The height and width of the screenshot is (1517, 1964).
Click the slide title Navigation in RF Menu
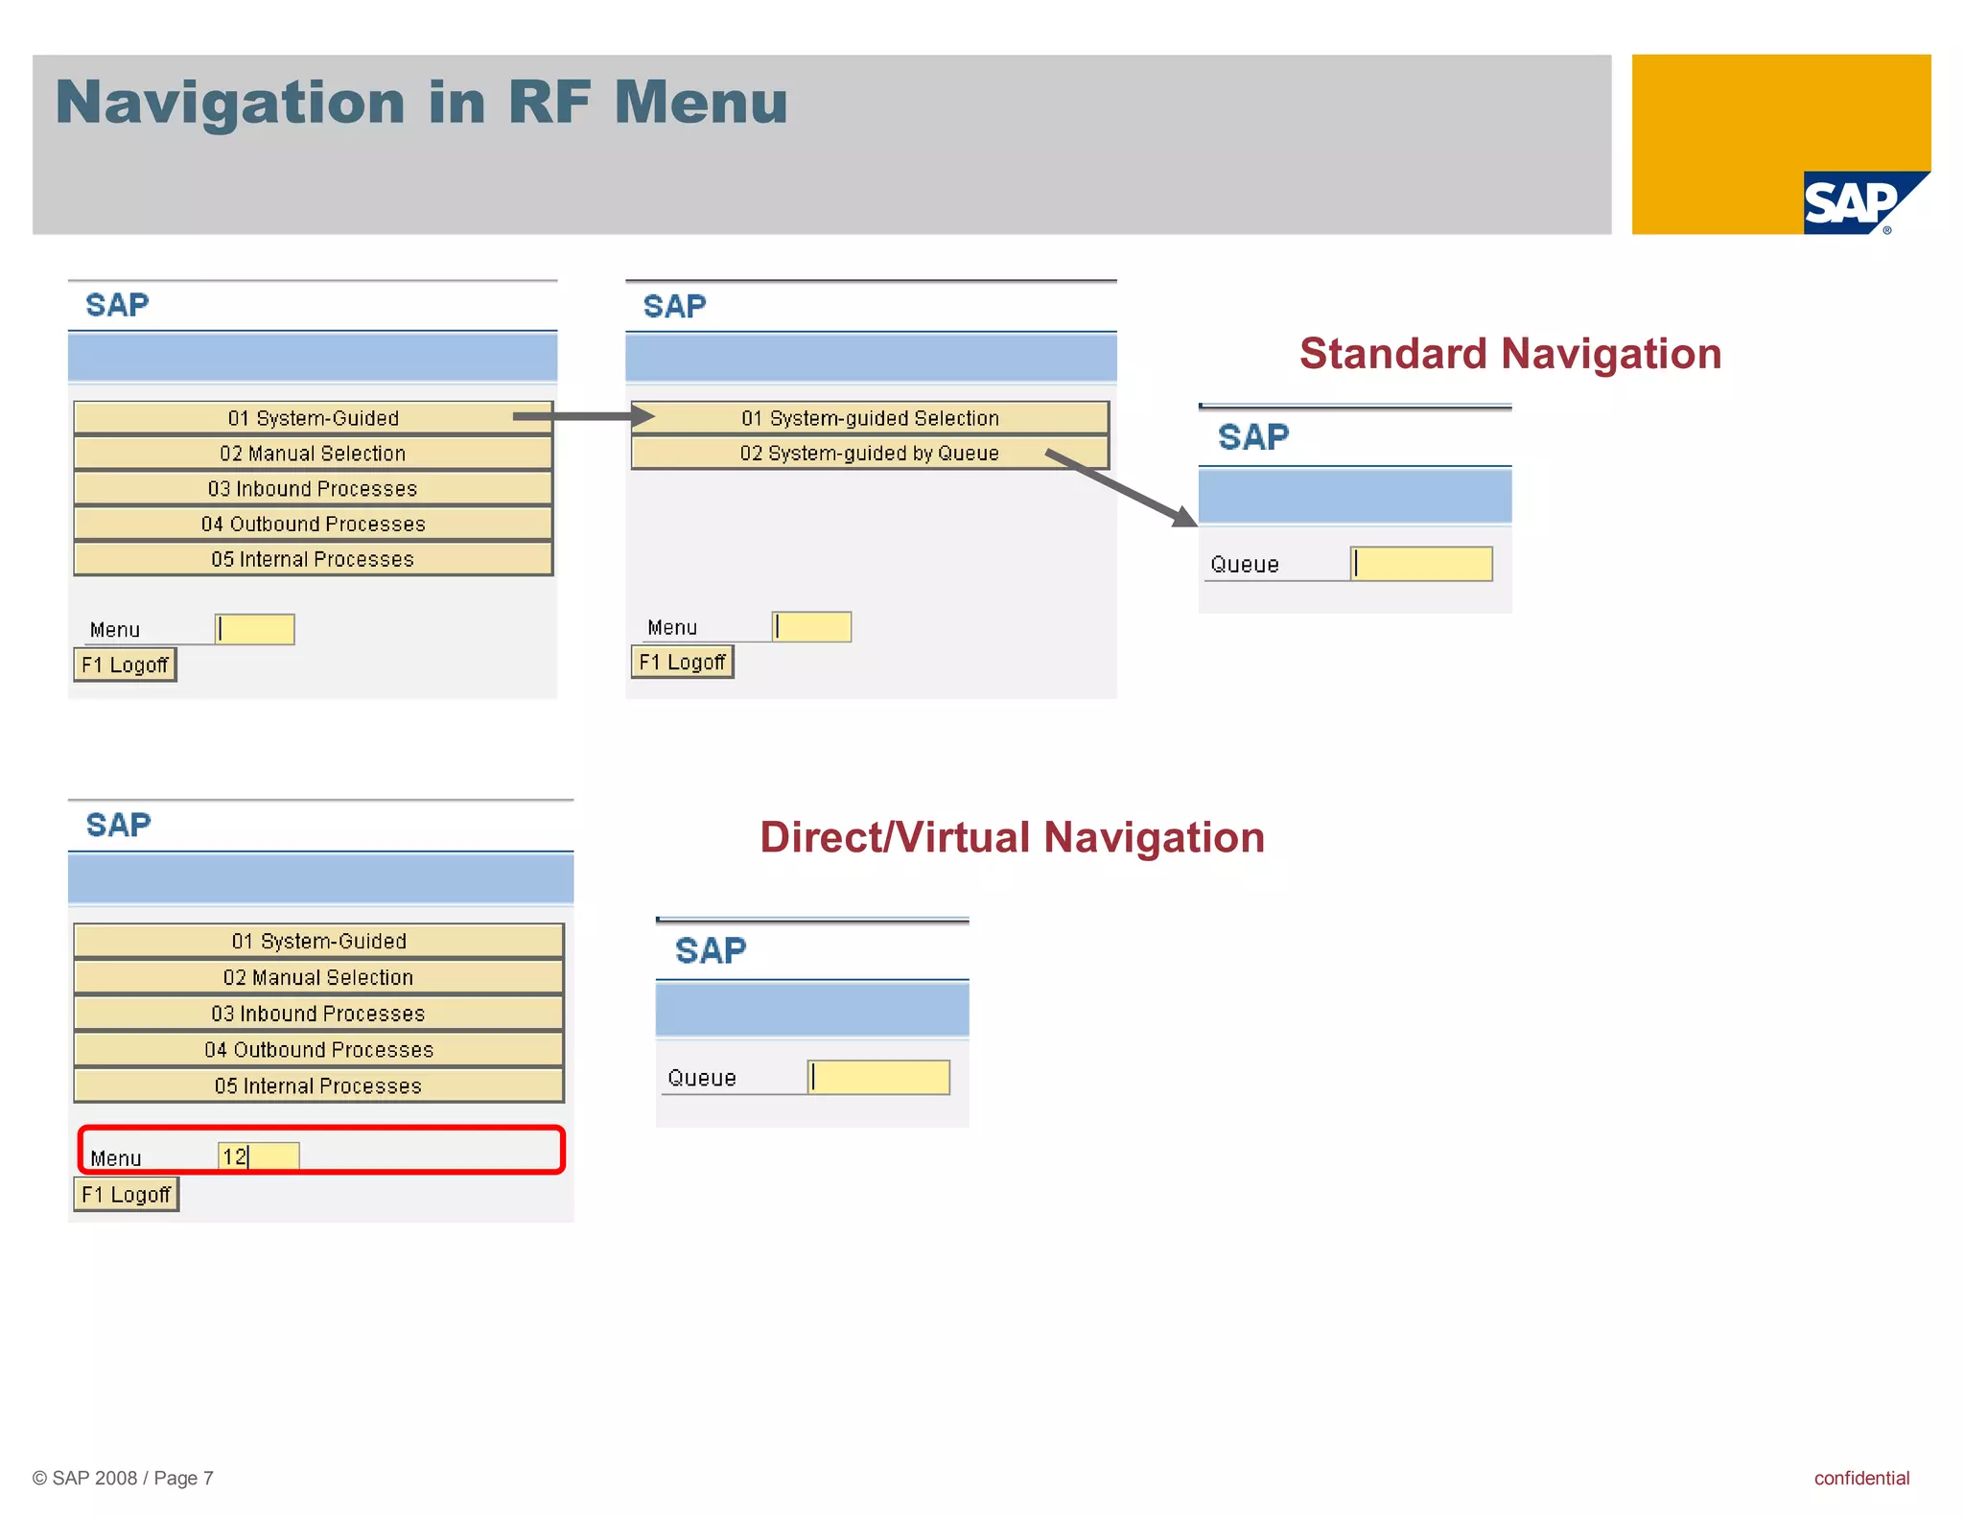(x=422, y=102)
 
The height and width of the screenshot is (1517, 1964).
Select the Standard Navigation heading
(x=1510, y=354)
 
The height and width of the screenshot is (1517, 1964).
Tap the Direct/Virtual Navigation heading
(x=1012, y=837)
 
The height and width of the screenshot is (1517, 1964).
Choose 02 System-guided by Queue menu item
(x=869, y=453)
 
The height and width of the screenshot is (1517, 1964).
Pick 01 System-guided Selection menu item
(x=869, y=418)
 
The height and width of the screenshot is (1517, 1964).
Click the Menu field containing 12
(x=259, y=1156)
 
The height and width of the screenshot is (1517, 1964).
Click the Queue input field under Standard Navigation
(x=1421, y=564)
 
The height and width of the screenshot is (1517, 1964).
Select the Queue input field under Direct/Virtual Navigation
(x=879, y=1077)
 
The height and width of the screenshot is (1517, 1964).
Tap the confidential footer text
(x=1860, y=1478)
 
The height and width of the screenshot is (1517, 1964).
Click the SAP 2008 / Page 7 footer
(x=123, y=1478)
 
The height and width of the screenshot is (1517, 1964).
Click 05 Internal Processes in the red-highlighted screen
(x=318, y=1085)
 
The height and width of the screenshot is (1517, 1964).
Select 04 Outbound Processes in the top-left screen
(x=313, y=524)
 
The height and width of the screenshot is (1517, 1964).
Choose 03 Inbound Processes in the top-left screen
(x=313, y=488)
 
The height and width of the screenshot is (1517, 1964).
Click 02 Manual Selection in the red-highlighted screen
(x=318, y=977)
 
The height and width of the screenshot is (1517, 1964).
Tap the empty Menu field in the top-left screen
(x=255, y=629)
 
